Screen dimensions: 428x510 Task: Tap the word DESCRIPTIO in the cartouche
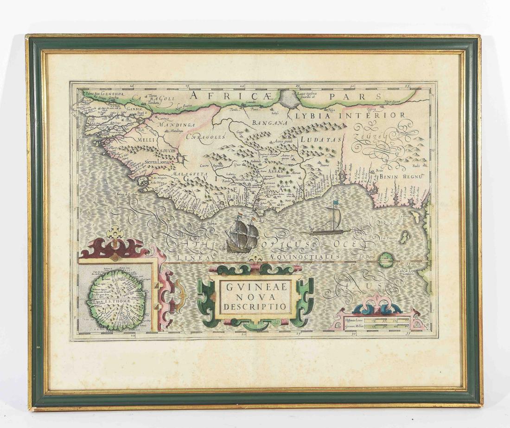click(x=255, y=307)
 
